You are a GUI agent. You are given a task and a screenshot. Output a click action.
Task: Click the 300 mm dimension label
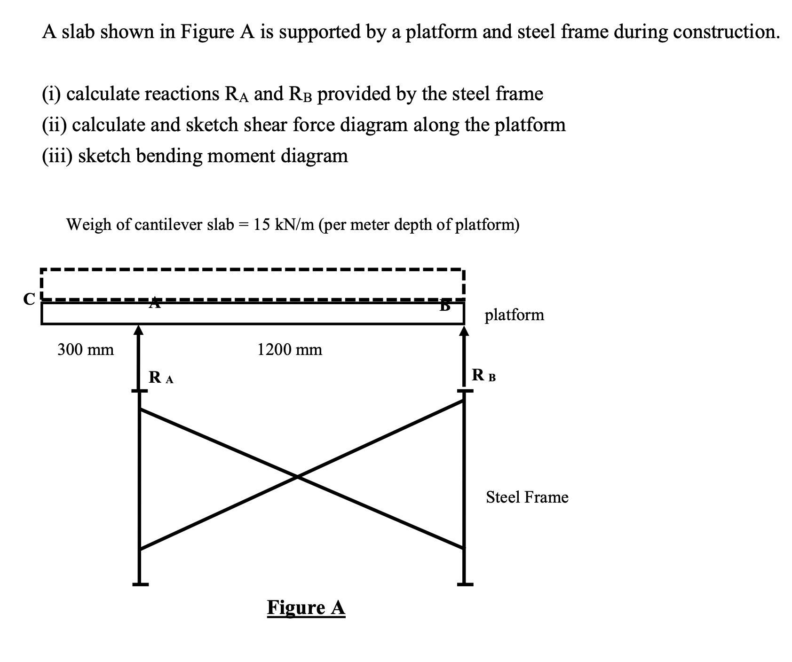pyautogui.click(x=86, y=350)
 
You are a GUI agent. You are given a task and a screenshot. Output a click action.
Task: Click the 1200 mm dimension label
pyautogui.click(x=290, y=350)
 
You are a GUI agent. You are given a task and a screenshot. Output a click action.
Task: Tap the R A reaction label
pyautogui.click(x=161, y=378)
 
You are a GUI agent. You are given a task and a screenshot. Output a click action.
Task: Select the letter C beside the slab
pyautogui.click(x=29, y=299)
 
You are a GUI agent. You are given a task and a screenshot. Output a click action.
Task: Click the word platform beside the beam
pyautogui.click(x=514, y=315)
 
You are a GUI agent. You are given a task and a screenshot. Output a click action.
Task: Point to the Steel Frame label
pyautogui.click(x=527, y=497)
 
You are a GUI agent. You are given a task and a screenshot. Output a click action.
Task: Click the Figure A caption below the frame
pyautogui.click(x=306, y=607)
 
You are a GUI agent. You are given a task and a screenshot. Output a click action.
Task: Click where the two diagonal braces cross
pyautogui.click(x=297, y=477)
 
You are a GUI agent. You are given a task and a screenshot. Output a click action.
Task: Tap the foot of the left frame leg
pyautogui.click(x=140, y=584)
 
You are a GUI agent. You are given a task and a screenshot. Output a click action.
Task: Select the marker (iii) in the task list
pyautogui.click(x=55, y=156)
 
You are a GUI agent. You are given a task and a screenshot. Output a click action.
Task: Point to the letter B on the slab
pyautogui.click(x=444, y=306)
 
